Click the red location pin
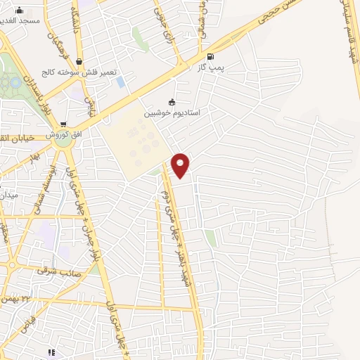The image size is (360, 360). tap(181, 165)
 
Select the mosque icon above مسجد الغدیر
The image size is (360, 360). tap(19, 10)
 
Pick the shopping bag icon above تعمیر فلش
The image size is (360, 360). tap(77, 62)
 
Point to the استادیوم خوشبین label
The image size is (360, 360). tap(172, 113)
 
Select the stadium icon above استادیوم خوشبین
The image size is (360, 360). tap(172, 102)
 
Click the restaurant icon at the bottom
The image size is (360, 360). tap(50, 352)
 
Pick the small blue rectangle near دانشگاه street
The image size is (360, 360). tap(121, 82)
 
